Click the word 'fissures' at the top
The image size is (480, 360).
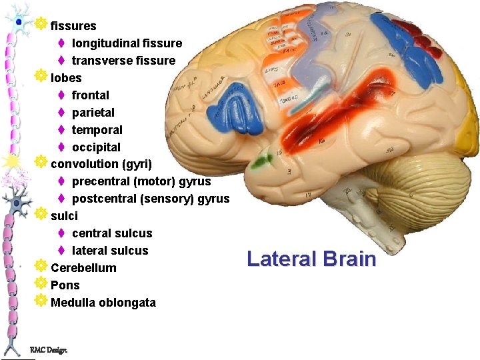click(73, 26)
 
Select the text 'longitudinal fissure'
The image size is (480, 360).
click(127, 43)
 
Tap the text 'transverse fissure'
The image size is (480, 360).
click(123, 61)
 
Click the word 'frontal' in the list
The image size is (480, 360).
click(91, 95)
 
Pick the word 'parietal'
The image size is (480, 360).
click(93, 113)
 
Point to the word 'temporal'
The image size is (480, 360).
click(97, 130)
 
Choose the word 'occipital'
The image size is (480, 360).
click(97, 147)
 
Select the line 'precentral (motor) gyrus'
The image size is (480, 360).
click(141, 181)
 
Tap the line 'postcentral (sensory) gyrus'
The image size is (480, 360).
click(151, 199)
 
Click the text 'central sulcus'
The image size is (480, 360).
click(112, 233)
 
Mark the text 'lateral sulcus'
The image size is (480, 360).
click(110, 251)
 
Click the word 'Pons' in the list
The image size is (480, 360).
click(65, 285)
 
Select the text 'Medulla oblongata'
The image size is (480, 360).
click(103, 303)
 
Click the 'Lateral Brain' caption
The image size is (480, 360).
click(311, 259)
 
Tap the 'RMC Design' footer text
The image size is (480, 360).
click(49, 350)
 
